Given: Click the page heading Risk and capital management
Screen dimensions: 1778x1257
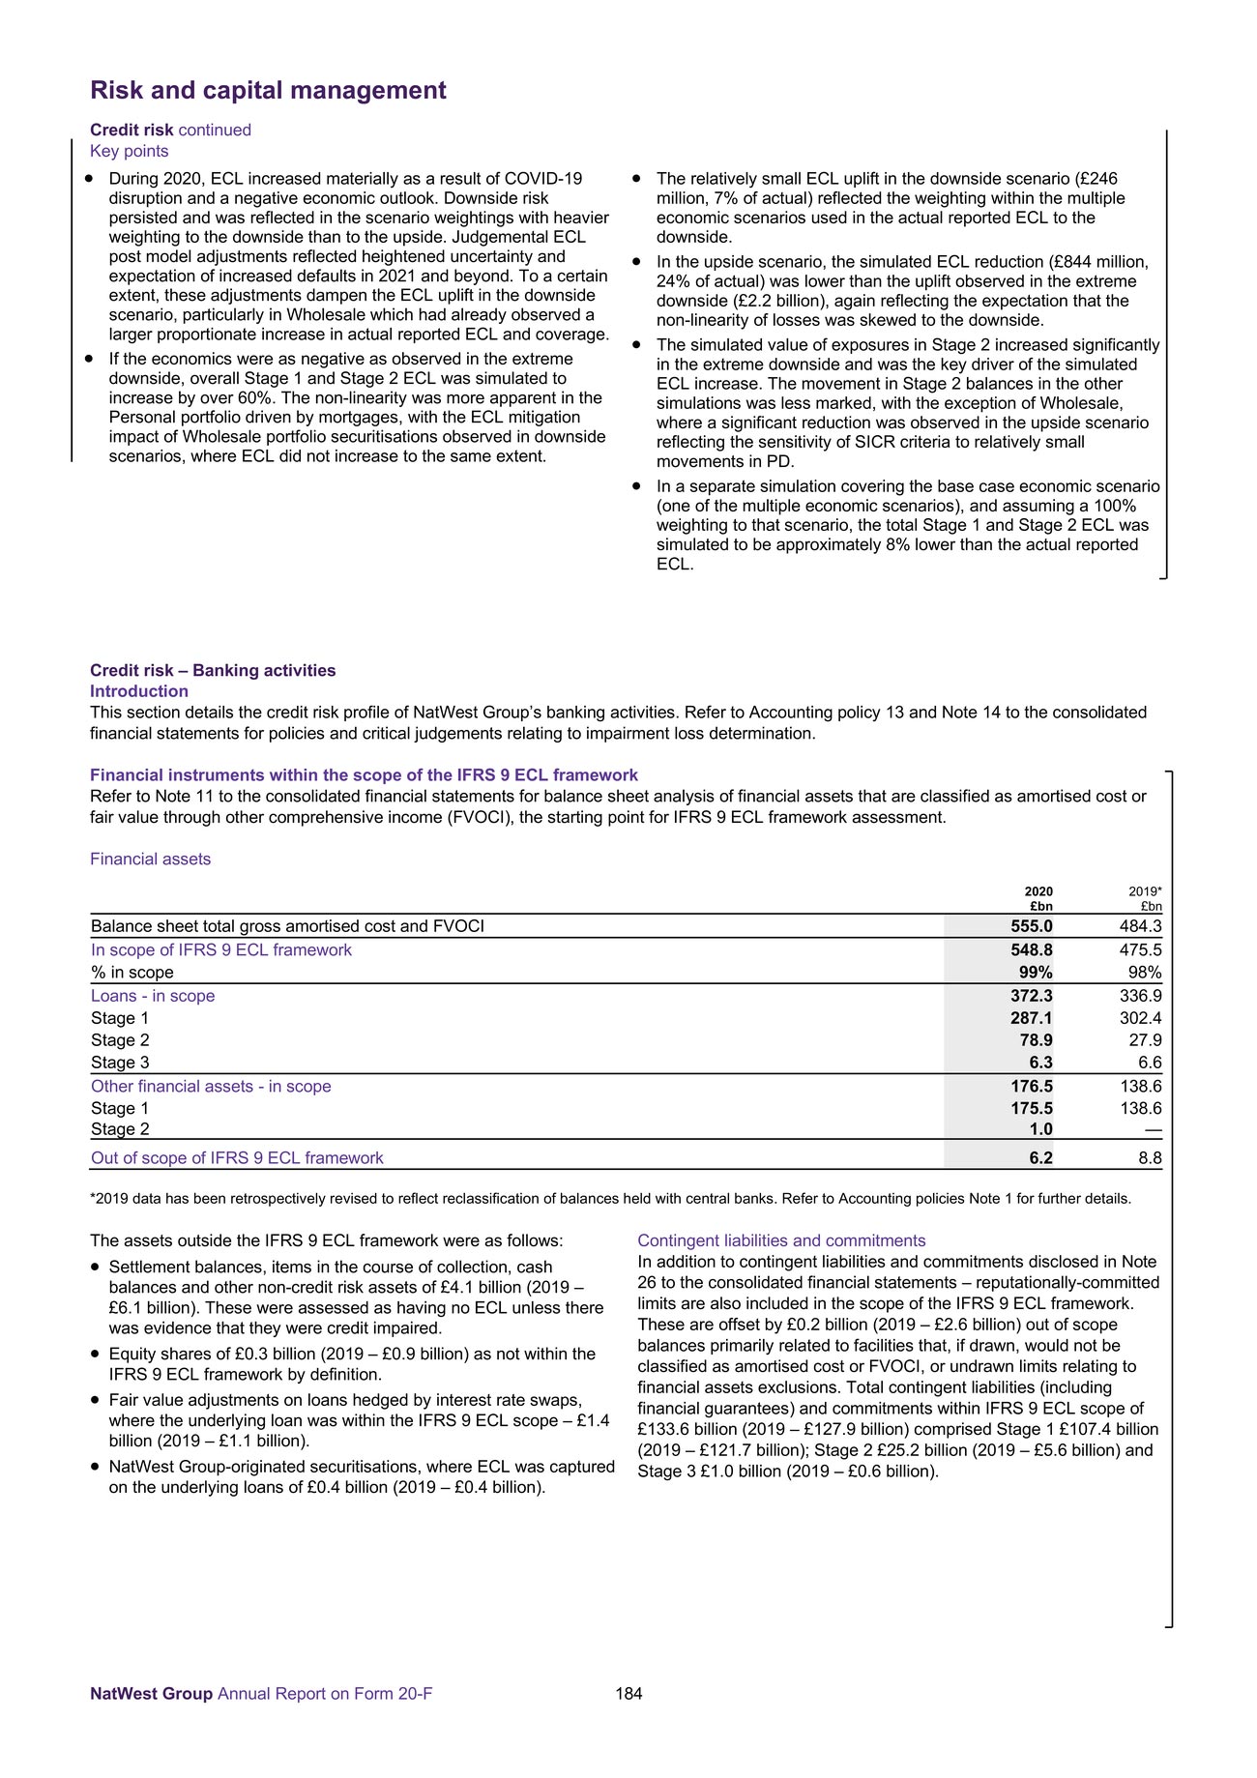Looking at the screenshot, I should pyautogui.click(x=268, y=91).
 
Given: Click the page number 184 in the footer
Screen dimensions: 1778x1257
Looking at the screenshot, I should pyautogui.click(x=628, y=1693).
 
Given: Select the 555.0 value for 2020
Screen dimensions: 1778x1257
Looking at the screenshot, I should pyautogui.click(x=1032, y=926).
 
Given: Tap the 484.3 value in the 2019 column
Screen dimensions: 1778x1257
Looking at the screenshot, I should pyautogui.click(x=1141, y=926).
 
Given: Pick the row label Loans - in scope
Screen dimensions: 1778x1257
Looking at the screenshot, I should pyautogui.click(x=153, y=996).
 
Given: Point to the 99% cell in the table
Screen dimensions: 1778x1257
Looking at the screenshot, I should pyautogui.click(x=1036, y=973).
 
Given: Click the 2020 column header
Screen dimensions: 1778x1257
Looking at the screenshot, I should pyautogui.click(x=1038, y=891).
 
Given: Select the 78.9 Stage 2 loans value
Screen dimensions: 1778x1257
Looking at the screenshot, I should pyautogui.click(x=1036, y=1040).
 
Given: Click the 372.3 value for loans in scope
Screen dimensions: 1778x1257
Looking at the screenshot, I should pyautogui.click(x=1032, y=996).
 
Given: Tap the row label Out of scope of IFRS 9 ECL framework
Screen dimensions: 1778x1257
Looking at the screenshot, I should pyautogui.click(x=237, y=1158).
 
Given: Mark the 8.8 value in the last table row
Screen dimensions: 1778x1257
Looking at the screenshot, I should pyautogui.click(x=1150, y=1158).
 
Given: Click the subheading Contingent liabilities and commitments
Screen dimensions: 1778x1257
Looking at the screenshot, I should pyautogui.click(x=781, y=1240).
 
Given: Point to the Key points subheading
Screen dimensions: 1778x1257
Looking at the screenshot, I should pyautogui.click(x=129, y=151).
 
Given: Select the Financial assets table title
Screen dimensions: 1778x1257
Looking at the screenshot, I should pyautogui.click(x=150, y=860).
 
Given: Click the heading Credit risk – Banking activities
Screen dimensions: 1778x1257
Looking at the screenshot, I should pyautogui.click(x=213, y=671).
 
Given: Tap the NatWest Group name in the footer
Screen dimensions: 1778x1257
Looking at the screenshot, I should pyautogui.click(x=151, y=1693).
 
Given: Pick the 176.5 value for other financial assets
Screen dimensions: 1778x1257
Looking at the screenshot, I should pyautogui.click(x=1032, y=1087).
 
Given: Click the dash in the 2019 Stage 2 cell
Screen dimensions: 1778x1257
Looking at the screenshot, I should pyautogui.click(x=1152, y=1129).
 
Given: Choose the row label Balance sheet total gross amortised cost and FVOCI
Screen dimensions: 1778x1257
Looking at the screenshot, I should pyautogui.click(x=287, y=926).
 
